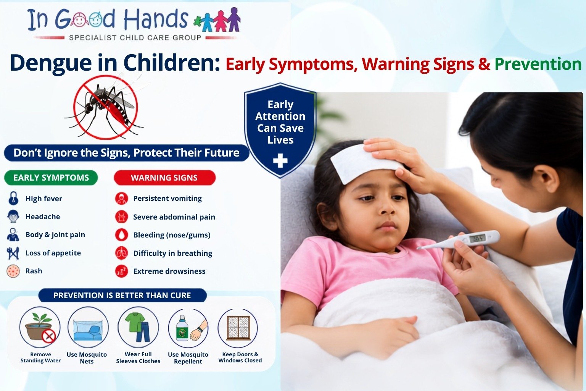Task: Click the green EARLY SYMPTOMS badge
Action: [x=51, y=178]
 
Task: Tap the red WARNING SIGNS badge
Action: [x=164, y=178]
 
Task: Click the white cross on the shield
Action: [x=280, y=160]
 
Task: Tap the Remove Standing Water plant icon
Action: [x=40, y=327]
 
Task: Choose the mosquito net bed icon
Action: [x=88, y=327]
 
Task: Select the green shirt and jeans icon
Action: [x=138, y=327]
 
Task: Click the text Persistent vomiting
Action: [x=167, y=199]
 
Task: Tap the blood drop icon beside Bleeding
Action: [x=122, y=235]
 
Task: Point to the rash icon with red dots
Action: [x=13, y=271]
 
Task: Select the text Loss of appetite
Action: [x=53, y=253]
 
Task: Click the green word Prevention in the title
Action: [x=538, y=64]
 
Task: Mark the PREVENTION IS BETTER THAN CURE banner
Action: [x=122, y=295]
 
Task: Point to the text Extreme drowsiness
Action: [x=169, y=271]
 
